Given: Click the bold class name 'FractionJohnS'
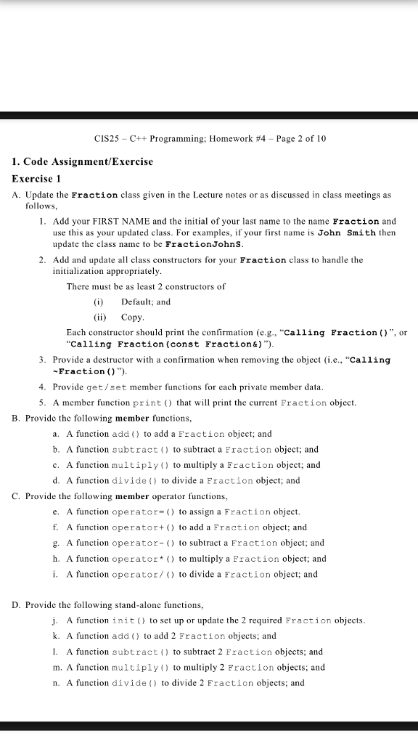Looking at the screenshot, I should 206,244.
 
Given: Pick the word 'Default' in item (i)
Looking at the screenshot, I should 136,302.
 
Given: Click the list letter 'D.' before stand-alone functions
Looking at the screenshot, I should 17,605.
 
